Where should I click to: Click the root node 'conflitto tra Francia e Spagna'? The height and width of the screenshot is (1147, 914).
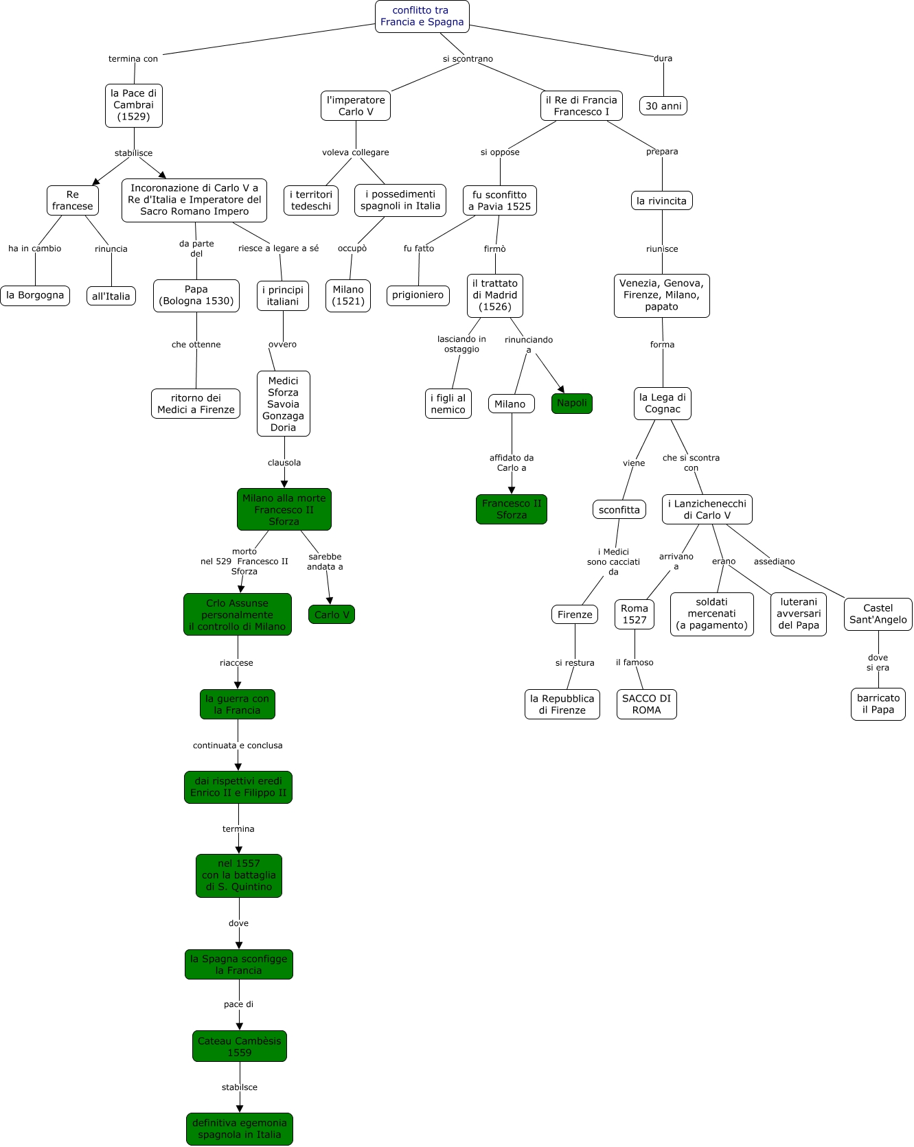point(422,16)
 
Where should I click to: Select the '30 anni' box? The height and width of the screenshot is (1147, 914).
point(663,106)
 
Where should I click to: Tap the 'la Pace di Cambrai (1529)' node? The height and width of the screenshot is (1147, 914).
point(134,105)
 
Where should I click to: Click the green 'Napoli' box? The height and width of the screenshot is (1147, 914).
point(572,403)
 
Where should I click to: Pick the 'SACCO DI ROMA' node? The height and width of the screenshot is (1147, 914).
point(646,704)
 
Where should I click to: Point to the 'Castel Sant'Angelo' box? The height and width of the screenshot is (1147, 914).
point(878,614)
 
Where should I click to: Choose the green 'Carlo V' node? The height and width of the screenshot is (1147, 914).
point(332,614)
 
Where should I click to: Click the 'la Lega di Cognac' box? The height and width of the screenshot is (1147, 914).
point(662,403)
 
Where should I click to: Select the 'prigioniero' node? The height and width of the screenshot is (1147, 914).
point(418,295)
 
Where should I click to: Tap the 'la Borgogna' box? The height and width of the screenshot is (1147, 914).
point(35,295)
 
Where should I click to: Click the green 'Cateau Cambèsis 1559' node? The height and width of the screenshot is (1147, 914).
point(240,1046)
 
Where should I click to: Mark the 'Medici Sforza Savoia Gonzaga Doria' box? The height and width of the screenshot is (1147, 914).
point(283,404)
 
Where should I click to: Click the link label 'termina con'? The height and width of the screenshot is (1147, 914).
point(133,59)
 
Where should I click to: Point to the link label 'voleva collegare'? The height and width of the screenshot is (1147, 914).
point(356,152)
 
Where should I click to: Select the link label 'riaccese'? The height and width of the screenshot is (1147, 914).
point(236,663)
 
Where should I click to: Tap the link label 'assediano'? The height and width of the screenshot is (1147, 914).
point(774,561)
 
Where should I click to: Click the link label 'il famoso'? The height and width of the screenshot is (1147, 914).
point(635,662)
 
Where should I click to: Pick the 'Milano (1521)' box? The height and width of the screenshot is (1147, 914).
point(348,295)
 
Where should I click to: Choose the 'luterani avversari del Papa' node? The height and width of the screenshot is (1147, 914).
point(799,614)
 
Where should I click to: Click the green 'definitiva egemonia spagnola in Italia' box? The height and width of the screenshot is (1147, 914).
point(240,1128)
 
